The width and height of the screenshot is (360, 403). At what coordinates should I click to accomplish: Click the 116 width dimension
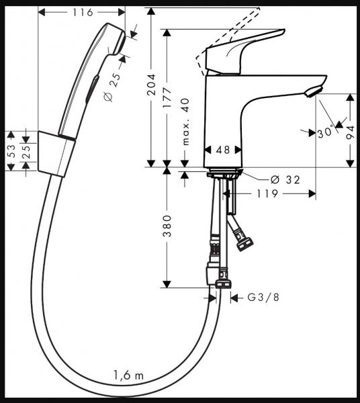click(81, 12)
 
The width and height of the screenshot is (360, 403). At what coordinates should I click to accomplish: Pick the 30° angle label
click(326, 132)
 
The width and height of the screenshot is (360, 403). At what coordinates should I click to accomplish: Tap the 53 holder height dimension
click(11, 151)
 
